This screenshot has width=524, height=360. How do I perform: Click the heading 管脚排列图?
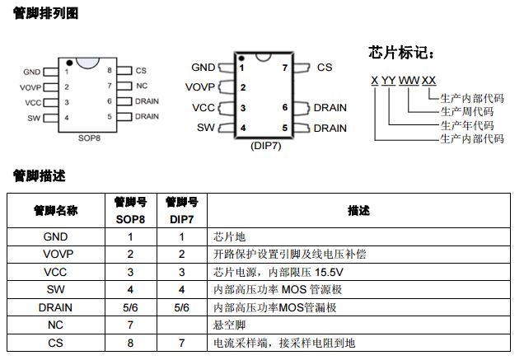[45, 12]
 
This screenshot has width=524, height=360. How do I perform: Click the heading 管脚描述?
[39, 175]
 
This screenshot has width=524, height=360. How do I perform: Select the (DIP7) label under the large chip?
[266, 145]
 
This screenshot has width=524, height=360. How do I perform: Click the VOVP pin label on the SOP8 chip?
[30, 86]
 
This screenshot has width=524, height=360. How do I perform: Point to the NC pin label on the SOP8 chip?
[141, 86]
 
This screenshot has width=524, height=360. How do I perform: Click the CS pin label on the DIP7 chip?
[325, 68]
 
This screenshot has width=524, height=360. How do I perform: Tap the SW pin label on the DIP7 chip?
[205, 128]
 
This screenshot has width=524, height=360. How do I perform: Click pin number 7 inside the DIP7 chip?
[285, 68]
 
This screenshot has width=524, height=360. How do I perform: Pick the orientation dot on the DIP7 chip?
[241, 58]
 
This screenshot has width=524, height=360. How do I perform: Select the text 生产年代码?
[466, 125]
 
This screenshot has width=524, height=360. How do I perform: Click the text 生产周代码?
[466, 112]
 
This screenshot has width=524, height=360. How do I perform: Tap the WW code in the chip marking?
[409, 80]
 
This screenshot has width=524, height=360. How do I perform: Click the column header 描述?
[358, 210]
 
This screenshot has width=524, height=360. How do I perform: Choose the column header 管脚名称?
[55, 210]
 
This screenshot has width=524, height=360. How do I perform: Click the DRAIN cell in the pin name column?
[55, 307]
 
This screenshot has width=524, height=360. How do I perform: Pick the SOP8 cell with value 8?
[130, 343]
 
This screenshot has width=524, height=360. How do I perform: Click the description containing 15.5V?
[272, 272]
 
